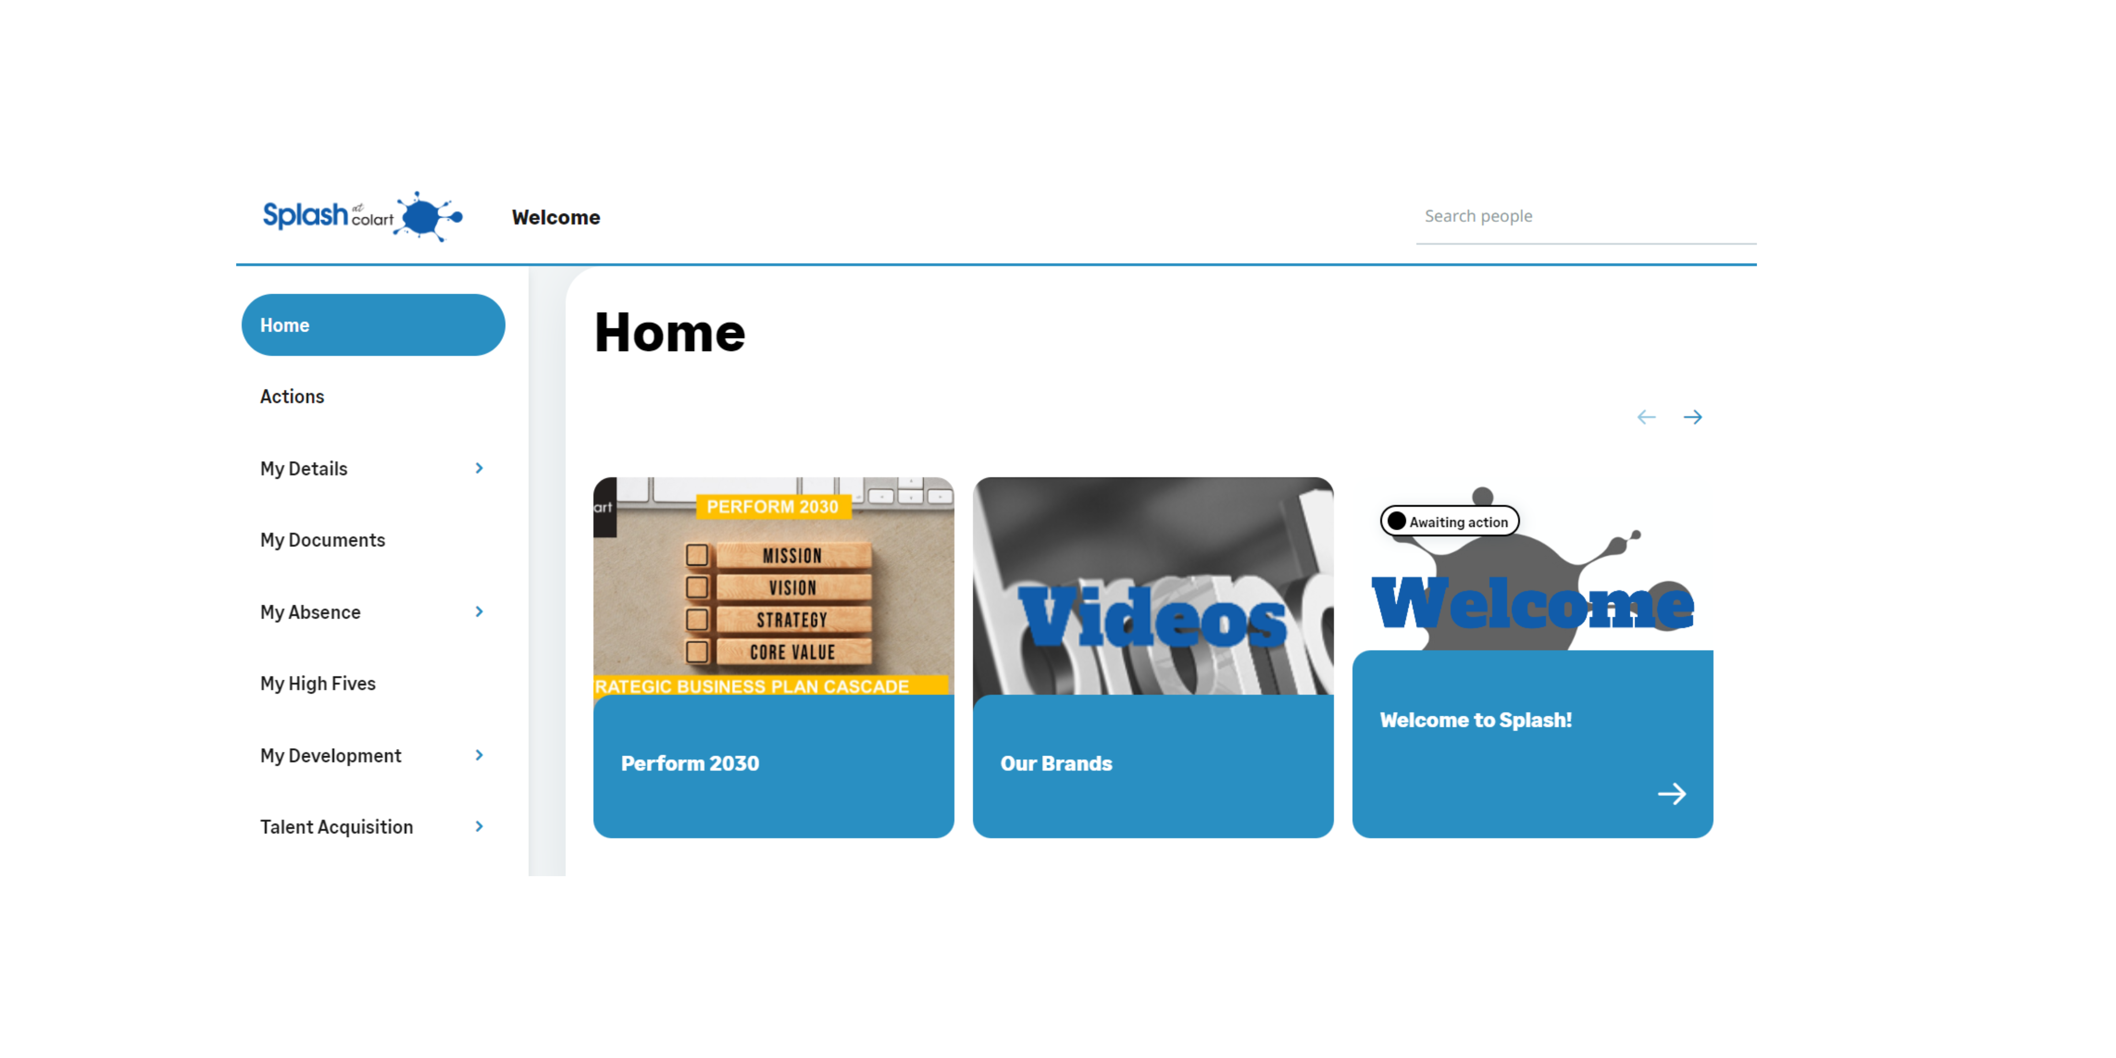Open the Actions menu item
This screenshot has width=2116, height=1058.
click(292, 397)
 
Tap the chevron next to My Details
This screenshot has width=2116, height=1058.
click(479, 468)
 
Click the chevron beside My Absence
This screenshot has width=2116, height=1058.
click(479, 612)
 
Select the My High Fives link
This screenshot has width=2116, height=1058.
click(318, 683)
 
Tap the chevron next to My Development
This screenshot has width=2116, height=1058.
click(479, 755)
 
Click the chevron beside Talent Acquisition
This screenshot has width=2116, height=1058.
click(479, 826)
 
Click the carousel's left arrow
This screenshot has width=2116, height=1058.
click(1646, 417)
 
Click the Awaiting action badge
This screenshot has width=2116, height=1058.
click(1450, 522)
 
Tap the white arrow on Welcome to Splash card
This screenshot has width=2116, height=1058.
click(1671, 793)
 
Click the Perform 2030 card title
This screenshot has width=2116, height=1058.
click(690, 763)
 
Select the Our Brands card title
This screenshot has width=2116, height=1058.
click(1056, 763)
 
